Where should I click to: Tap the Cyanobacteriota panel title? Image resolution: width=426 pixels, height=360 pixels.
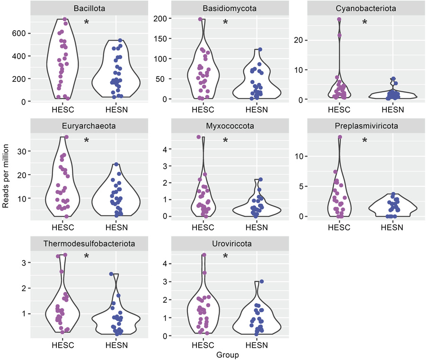click(x=365, y=8)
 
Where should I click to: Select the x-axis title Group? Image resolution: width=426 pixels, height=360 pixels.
click(x=227, y=354)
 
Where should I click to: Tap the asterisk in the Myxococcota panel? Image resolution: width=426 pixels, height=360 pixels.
click(x=225, y=140)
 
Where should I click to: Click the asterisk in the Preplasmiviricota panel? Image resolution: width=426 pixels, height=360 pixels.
click(x=364, y=140)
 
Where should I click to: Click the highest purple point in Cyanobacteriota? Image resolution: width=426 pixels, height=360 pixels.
click(x=339, y=19)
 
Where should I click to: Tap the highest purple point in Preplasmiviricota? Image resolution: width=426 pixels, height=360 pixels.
click(x=339, y=137)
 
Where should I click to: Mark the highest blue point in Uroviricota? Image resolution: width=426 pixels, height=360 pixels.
click(x=261, y=281)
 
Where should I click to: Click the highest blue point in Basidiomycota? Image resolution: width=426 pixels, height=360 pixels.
click(x=260, y=49)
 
